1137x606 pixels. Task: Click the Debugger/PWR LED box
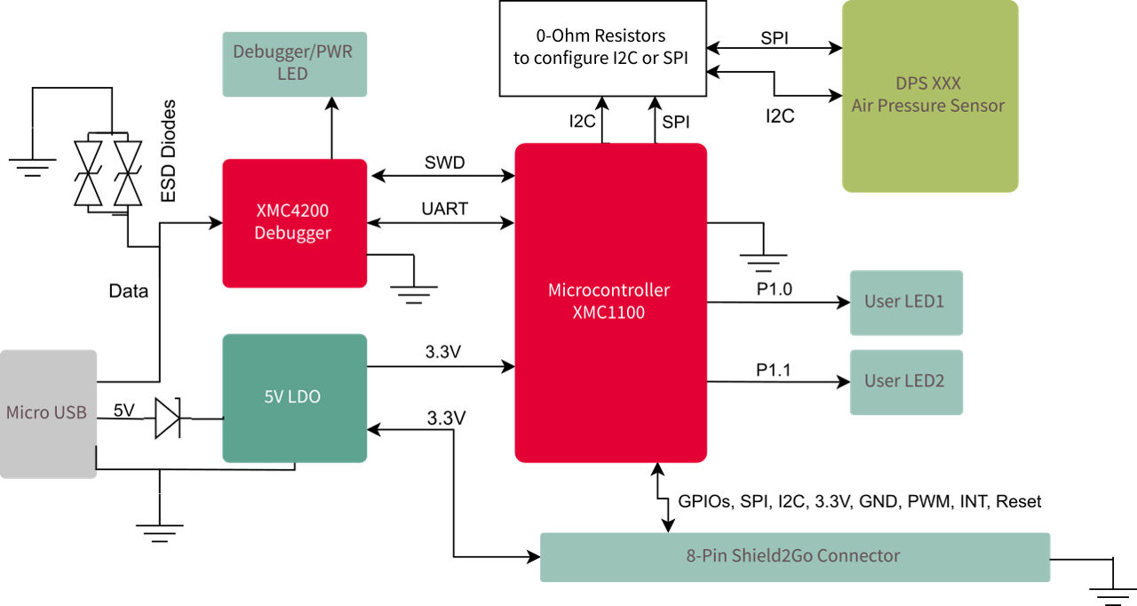click(x=293, y=63)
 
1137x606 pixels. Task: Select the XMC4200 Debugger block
click(x=294, y=223)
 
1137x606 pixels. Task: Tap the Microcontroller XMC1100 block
click(x=610, y=302)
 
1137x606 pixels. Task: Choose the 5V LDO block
click(x=294, y=398)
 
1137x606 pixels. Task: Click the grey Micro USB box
click(x=48, y=413)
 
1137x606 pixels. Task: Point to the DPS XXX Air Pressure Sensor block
click(x=929, y=95)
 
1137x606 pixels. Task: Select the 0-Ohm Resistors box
click(x=602, y=48)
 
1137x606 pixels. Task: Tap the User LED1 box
click(x=905, y=302)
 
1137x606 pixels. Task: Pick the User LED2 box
click(x=905, y=382)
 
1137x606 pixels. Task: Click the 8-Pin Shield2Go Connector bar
click(x=794, y=556)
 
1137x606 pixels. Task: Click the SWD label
click(x=444, y=163)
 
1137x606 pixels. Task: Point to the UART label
click(x=444, y=209)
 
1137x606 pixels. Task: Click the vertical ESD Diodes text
click(x=168, y=152)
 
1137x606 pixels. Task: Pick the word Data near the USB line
click(x=128, y=291)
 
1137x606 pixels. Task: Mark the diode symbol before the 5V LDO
click(x=168, y=419)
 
